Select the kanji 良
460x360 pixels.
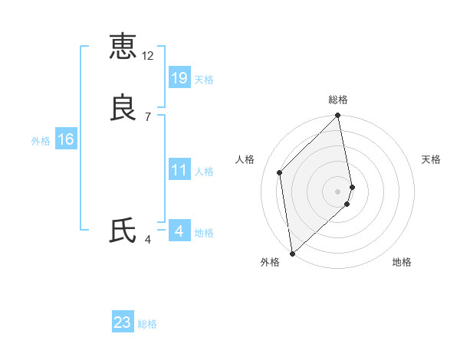coord(123,108)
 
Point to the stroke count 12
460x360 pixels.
coord(148,56)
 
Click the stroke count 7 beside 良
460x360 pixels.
coord(148,117)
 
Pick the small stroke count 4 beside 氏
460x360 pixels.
coord(148,240)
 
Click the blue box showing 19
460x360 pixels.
coord(179,77)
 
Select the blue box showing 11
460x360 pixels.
coord(179,169)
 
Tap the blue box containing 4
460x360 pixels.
coord(179,231)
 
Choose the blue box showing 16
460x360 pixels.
coord(65,139)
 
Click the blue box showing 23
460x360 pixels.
coord(123,322)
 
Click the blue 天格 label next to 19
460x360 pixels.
coord(204,79)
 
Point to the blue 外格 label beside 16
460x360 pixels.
coord(40,141)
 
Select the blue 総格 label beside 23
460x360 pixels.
coord(147,324)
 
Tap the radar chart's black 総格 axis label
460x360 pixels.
coord(338,100)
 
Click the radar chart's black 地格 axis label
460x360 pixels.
coord(402,262)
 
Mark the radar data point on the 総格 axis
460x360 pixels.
coord(338,116)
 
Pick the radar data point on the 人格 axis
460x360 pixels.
coord(280,172)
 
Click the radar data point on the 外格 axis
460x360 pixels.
coord(291,253)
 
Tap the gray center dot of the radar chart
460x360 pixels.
coord(338,191)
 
